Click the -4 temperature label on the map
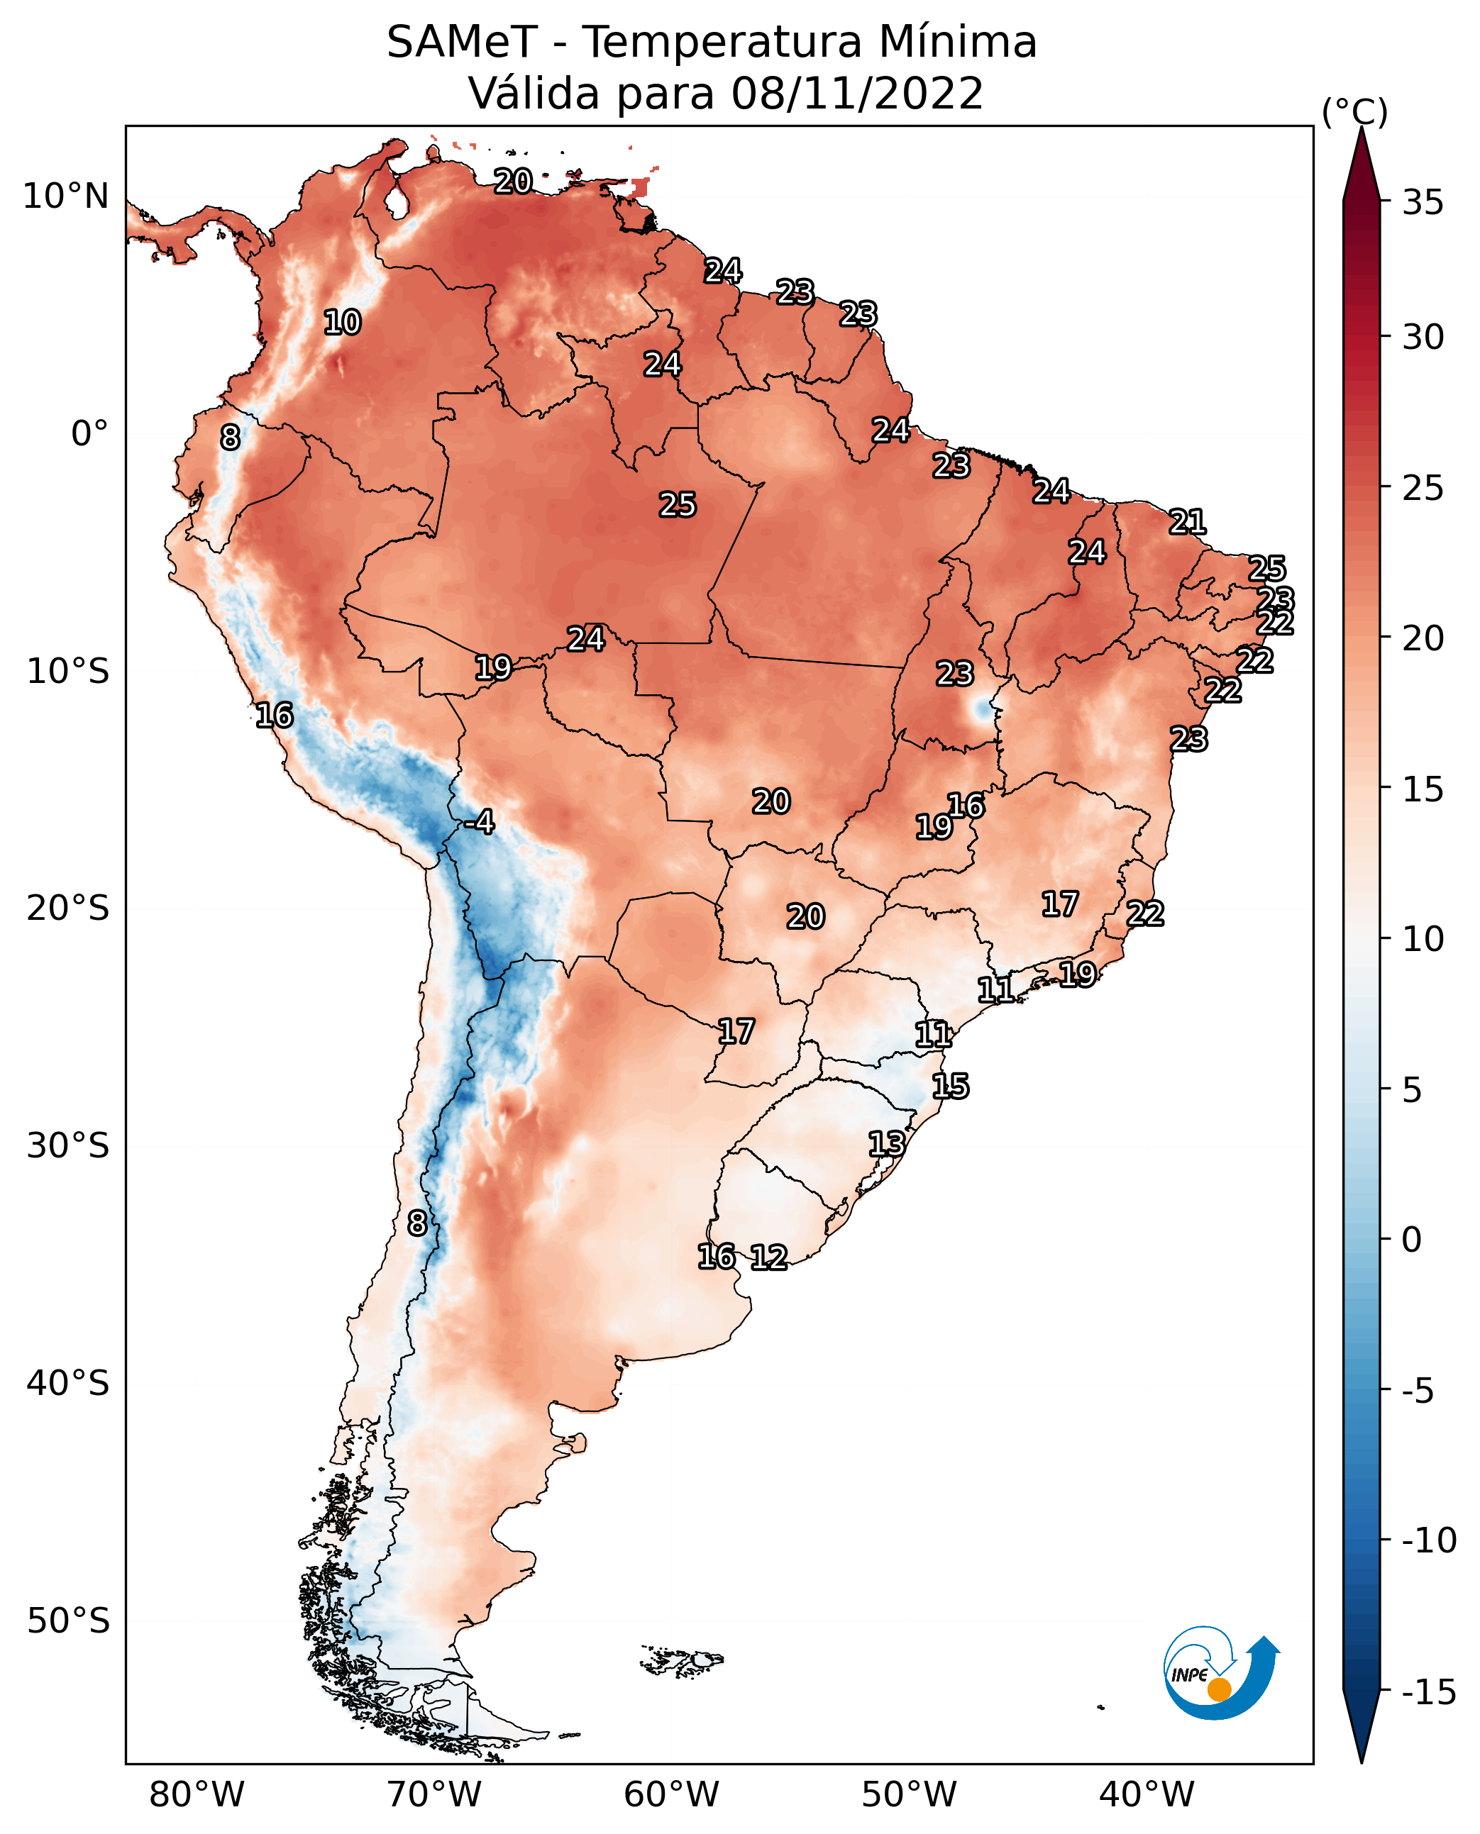pos(479,823)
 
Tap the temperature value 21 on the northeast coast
pos(1188,521)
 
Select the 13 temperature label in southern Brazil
pos(887,1144)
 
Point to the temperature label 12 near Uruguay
pos(769,1257)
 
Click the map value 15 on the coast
pos(951,1086)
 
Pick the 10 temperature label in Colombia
pos(343,322)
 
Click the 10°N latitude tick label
pos(66,197)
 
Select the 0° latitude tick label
pos(89,434)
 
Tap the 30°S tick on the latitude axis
pos(68,1146)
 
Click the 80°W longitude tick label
pos(197,1794)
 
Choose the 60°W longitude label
pos(672,1794)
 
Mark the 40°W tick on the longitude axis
pos(1147,1794)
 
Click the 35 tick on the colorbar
pos(1424,203)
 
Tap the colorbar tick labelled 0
pos(1413,1240)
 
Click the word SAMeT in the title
pos(462,42)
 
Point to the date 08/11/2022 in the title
pos(858,93)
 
